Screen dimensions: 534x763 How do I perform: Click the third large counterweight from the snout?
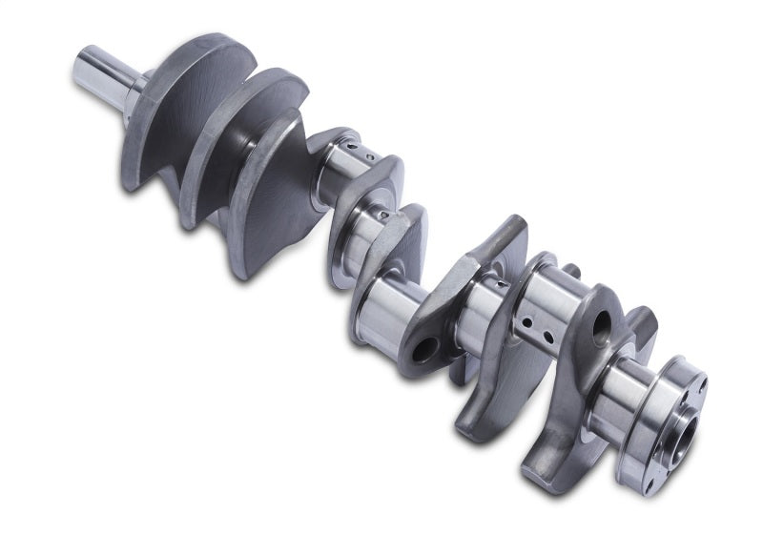tap(277, 205)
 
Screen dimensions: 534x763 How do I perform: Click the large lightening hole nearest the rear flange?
tap(603, 330)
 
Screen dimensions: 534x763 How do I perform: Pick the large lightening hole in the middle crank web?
tap(425, 349)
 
